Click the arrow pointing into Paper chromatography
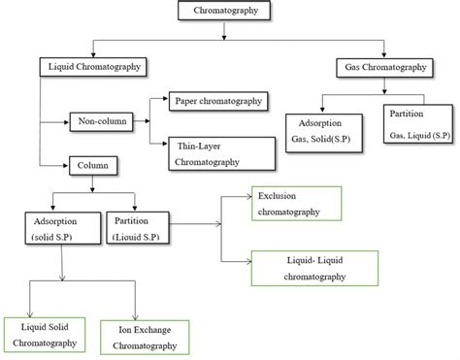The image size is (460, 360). [161, 97]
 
